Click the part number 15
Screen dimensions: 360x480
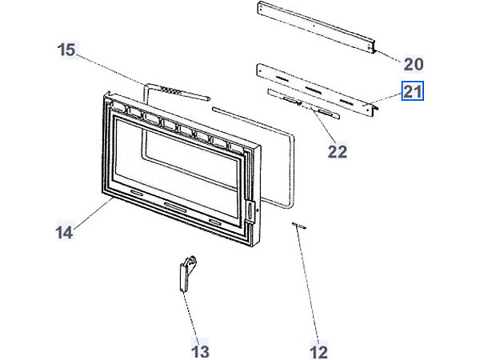[66, 50]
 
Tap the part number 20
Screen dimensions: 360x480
[413, 63]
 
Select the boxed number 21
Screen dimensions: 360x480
[413, 90]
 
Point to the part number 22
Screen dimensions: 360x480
[338, 150]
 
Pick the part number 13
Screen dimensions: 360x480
[200, 350]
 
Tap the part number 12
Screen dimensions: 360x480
[318, 350]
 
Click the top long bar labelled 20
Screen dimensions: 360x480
[315, 27]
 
